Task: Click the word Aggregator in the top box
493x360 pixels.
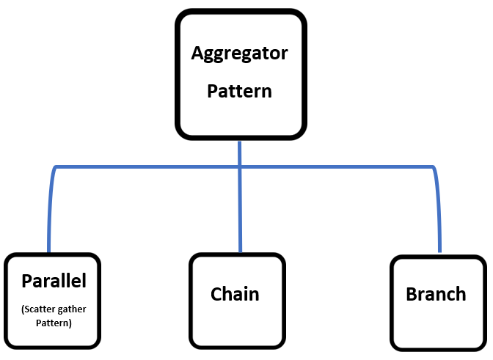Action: [239, 54]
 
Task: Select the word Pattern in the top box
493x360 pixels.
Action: [239, 92]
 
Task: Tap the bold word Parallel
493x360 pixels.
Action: [54, 281]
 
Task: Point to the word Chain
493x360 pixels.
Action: [235, 294]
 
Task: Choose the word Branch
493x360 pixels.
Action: [436, 294]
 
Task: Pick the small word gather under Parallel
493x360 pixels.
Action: [71, 309]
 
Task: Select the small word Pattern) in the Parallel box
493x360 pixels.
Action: [54, 323]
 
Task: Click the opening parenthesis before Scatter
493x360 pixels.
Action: [23, 309]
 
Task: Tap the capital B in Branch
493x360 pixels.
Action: [411, 294]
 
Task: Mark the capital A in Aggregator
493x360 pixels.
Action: [197, 54]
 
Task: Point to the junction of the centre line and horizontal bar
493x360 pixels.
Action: [240, 167]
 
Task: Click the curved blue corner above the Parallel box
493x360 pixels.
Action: [54, 171]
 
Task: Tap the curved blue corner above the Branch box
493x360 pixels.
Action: [434, 171]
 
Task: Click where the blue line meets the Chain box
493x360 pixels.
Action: [240, 253]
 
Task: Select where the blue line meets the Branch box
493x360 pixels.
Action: [439, 253]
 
